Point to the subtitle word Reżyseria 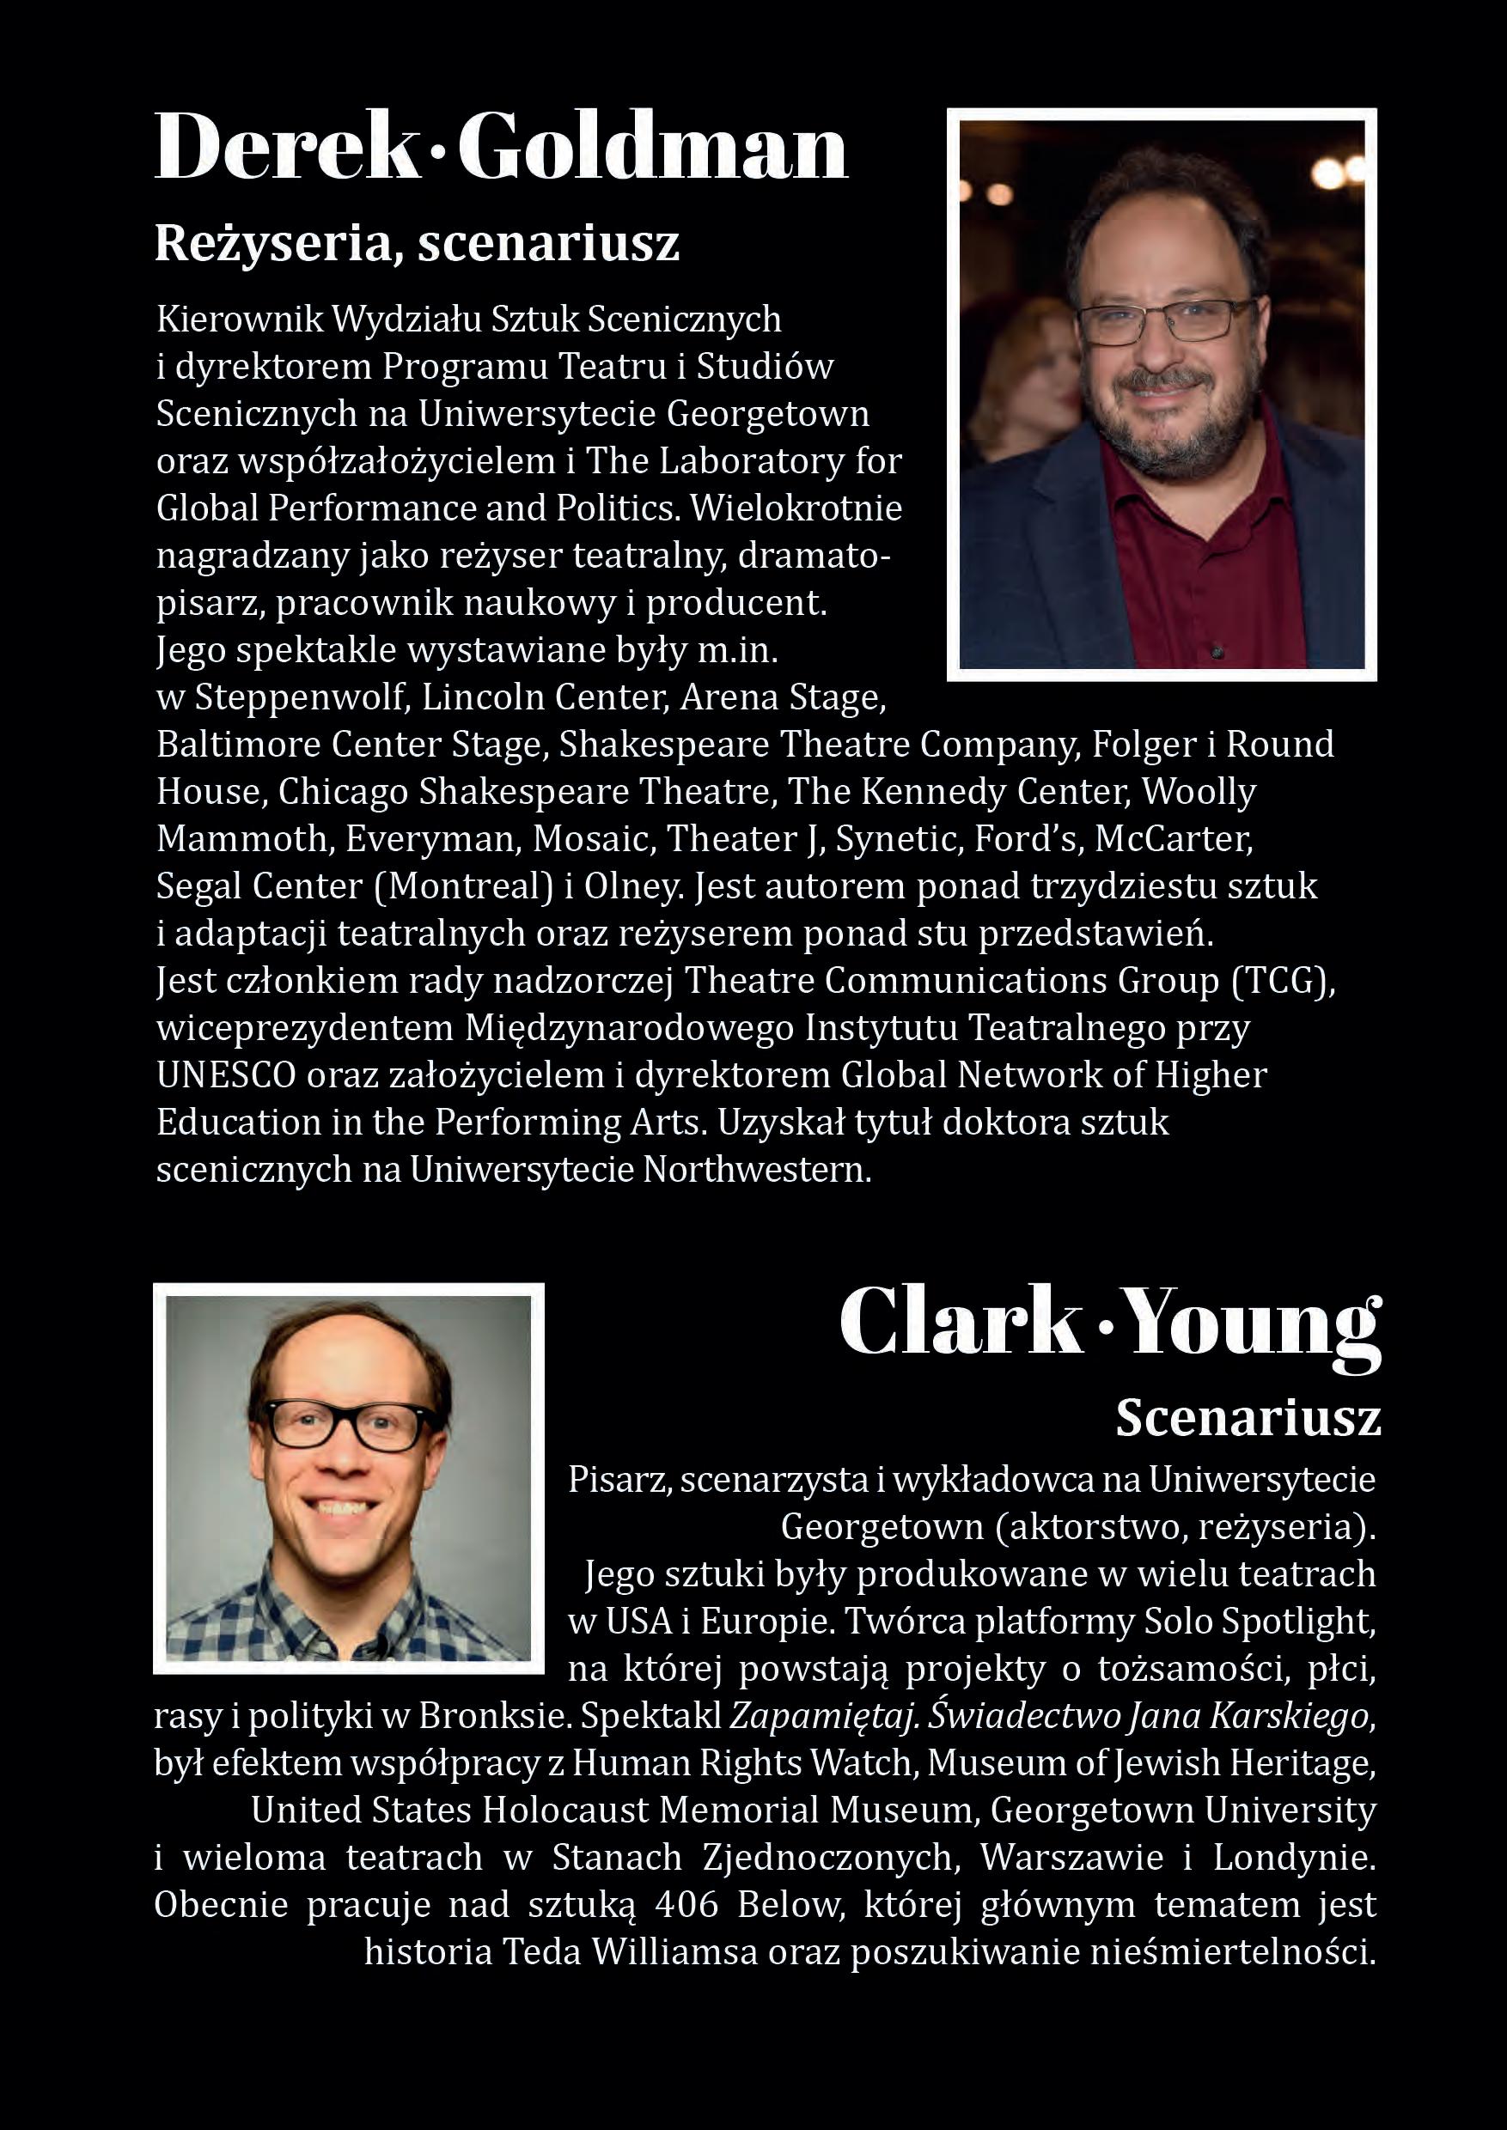click(276, 244)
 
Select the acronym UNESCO click(225, 1075)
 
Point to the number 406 click(686, 1905)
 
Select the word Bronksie click(493, 1716)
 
